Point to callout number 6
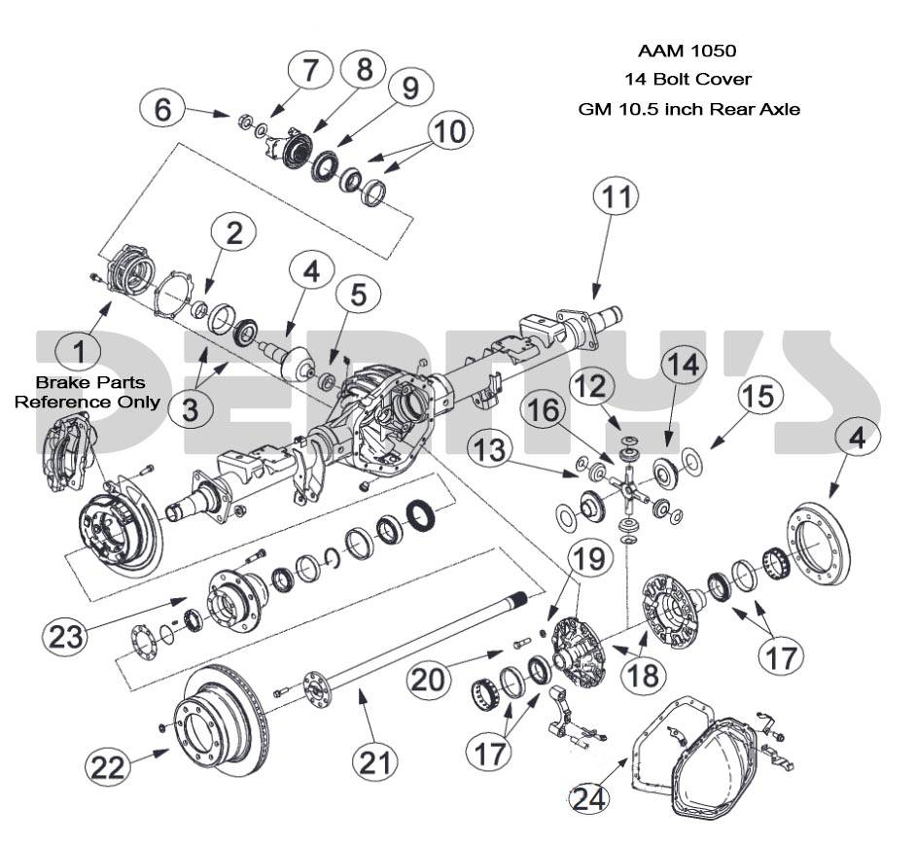tap(163, 109)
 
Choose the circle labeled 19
tap(592, 560)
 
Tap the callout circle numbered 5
tap(359, 295)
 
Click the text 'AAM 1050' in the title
tap(687, 50)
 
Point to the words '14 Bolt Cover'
tap(687, 79)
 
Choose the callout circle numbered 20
tap(431, 677)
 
